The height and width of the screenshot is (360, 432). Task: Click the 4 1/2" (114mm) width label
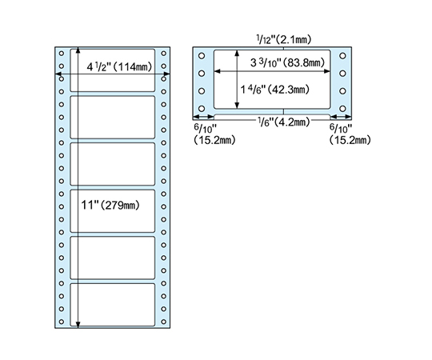coord(119,66)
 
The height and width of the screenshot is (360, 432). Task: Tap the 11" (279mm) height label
coord(110,206)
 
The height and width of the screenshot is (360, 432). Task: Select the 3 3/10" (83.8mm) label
coord(287,63)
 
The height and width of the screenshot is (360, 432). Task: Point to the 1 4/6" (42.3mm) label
coord(274,90)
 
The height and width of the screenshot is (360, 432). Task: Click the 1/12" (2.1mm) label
coord(284,39)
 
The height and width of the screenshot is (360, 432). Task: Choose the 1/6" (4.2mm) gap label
coord(284,122)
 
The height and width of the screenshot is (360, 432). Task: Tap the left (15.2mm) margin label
coord(214,140)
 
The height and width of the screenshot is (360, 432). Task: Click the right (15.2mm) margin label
coord(350,140)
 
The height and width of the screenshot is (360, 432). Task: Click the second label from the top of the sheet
coord(113,118)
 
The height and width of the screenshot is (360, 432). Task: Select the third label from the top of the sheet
coord(113,164)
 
